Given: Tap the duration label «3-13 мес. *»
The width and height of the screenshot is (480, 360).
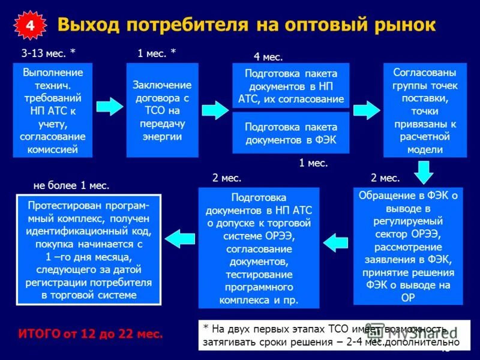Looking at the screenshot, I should [49, 53].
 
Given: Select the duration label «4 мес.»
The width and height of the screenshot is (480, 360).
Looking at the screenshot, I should [268, 57].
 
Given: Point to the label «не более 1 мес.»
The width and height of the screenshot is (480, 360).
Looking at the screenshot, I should [71, 185].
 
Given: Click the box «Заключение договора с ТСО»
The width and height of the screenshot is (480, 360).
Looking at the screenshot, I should [162, 110].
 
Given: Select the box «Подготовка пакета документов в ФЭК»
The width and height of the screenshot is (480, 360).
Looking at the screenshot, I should [291, 133].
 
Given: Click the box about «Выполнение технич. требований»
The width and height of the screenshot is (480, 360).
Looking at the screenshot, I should [53, 110].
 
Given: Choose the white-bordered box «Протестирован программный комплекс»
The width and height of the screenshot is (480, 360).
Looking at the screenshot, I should [88, 250].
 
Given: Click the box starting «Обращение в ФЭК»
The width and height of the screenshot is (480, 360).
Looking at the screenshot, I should [408, 246].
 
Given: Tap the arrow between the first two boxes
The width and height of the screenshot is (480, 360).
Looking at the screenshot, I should [109, 107].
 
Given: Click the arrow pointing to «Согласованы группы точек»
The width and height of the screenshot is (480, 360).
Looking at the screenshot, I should [366, 110].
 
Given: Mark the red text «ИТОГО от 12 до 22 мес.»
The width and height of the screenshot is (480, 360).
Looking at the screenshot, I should [91, 334].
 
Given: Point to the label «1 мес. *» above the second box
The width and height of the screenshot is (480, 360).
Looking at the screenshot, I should [157, 53].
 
